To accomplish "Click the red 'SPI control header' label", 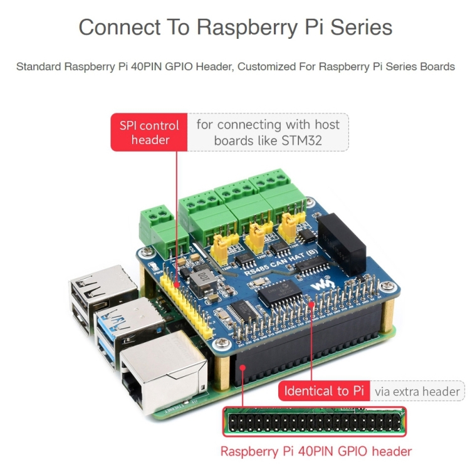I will tap(150, 132).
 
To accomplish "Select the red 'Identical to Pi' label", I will tap(324, 391).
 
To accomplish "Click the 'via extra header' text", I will tap(417, 391).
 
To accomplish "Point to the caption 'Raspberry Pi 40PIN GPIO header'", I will tap(316, 451).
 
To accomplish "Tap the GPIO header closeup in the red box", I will tap(314, 422).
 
